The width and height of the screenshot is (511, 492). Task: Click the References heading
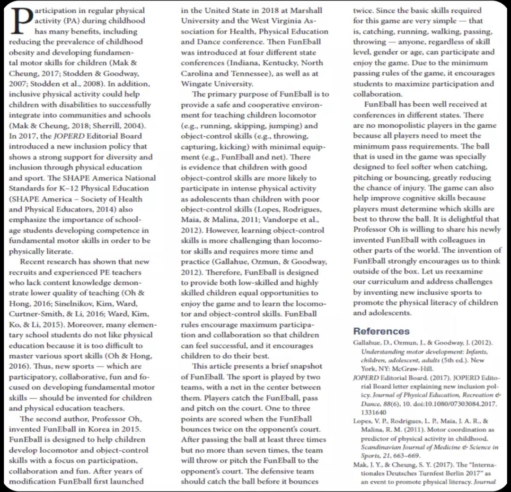(x=381, y=331)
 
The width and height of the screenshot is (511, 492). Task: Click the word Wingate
(x=197, y=83)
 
